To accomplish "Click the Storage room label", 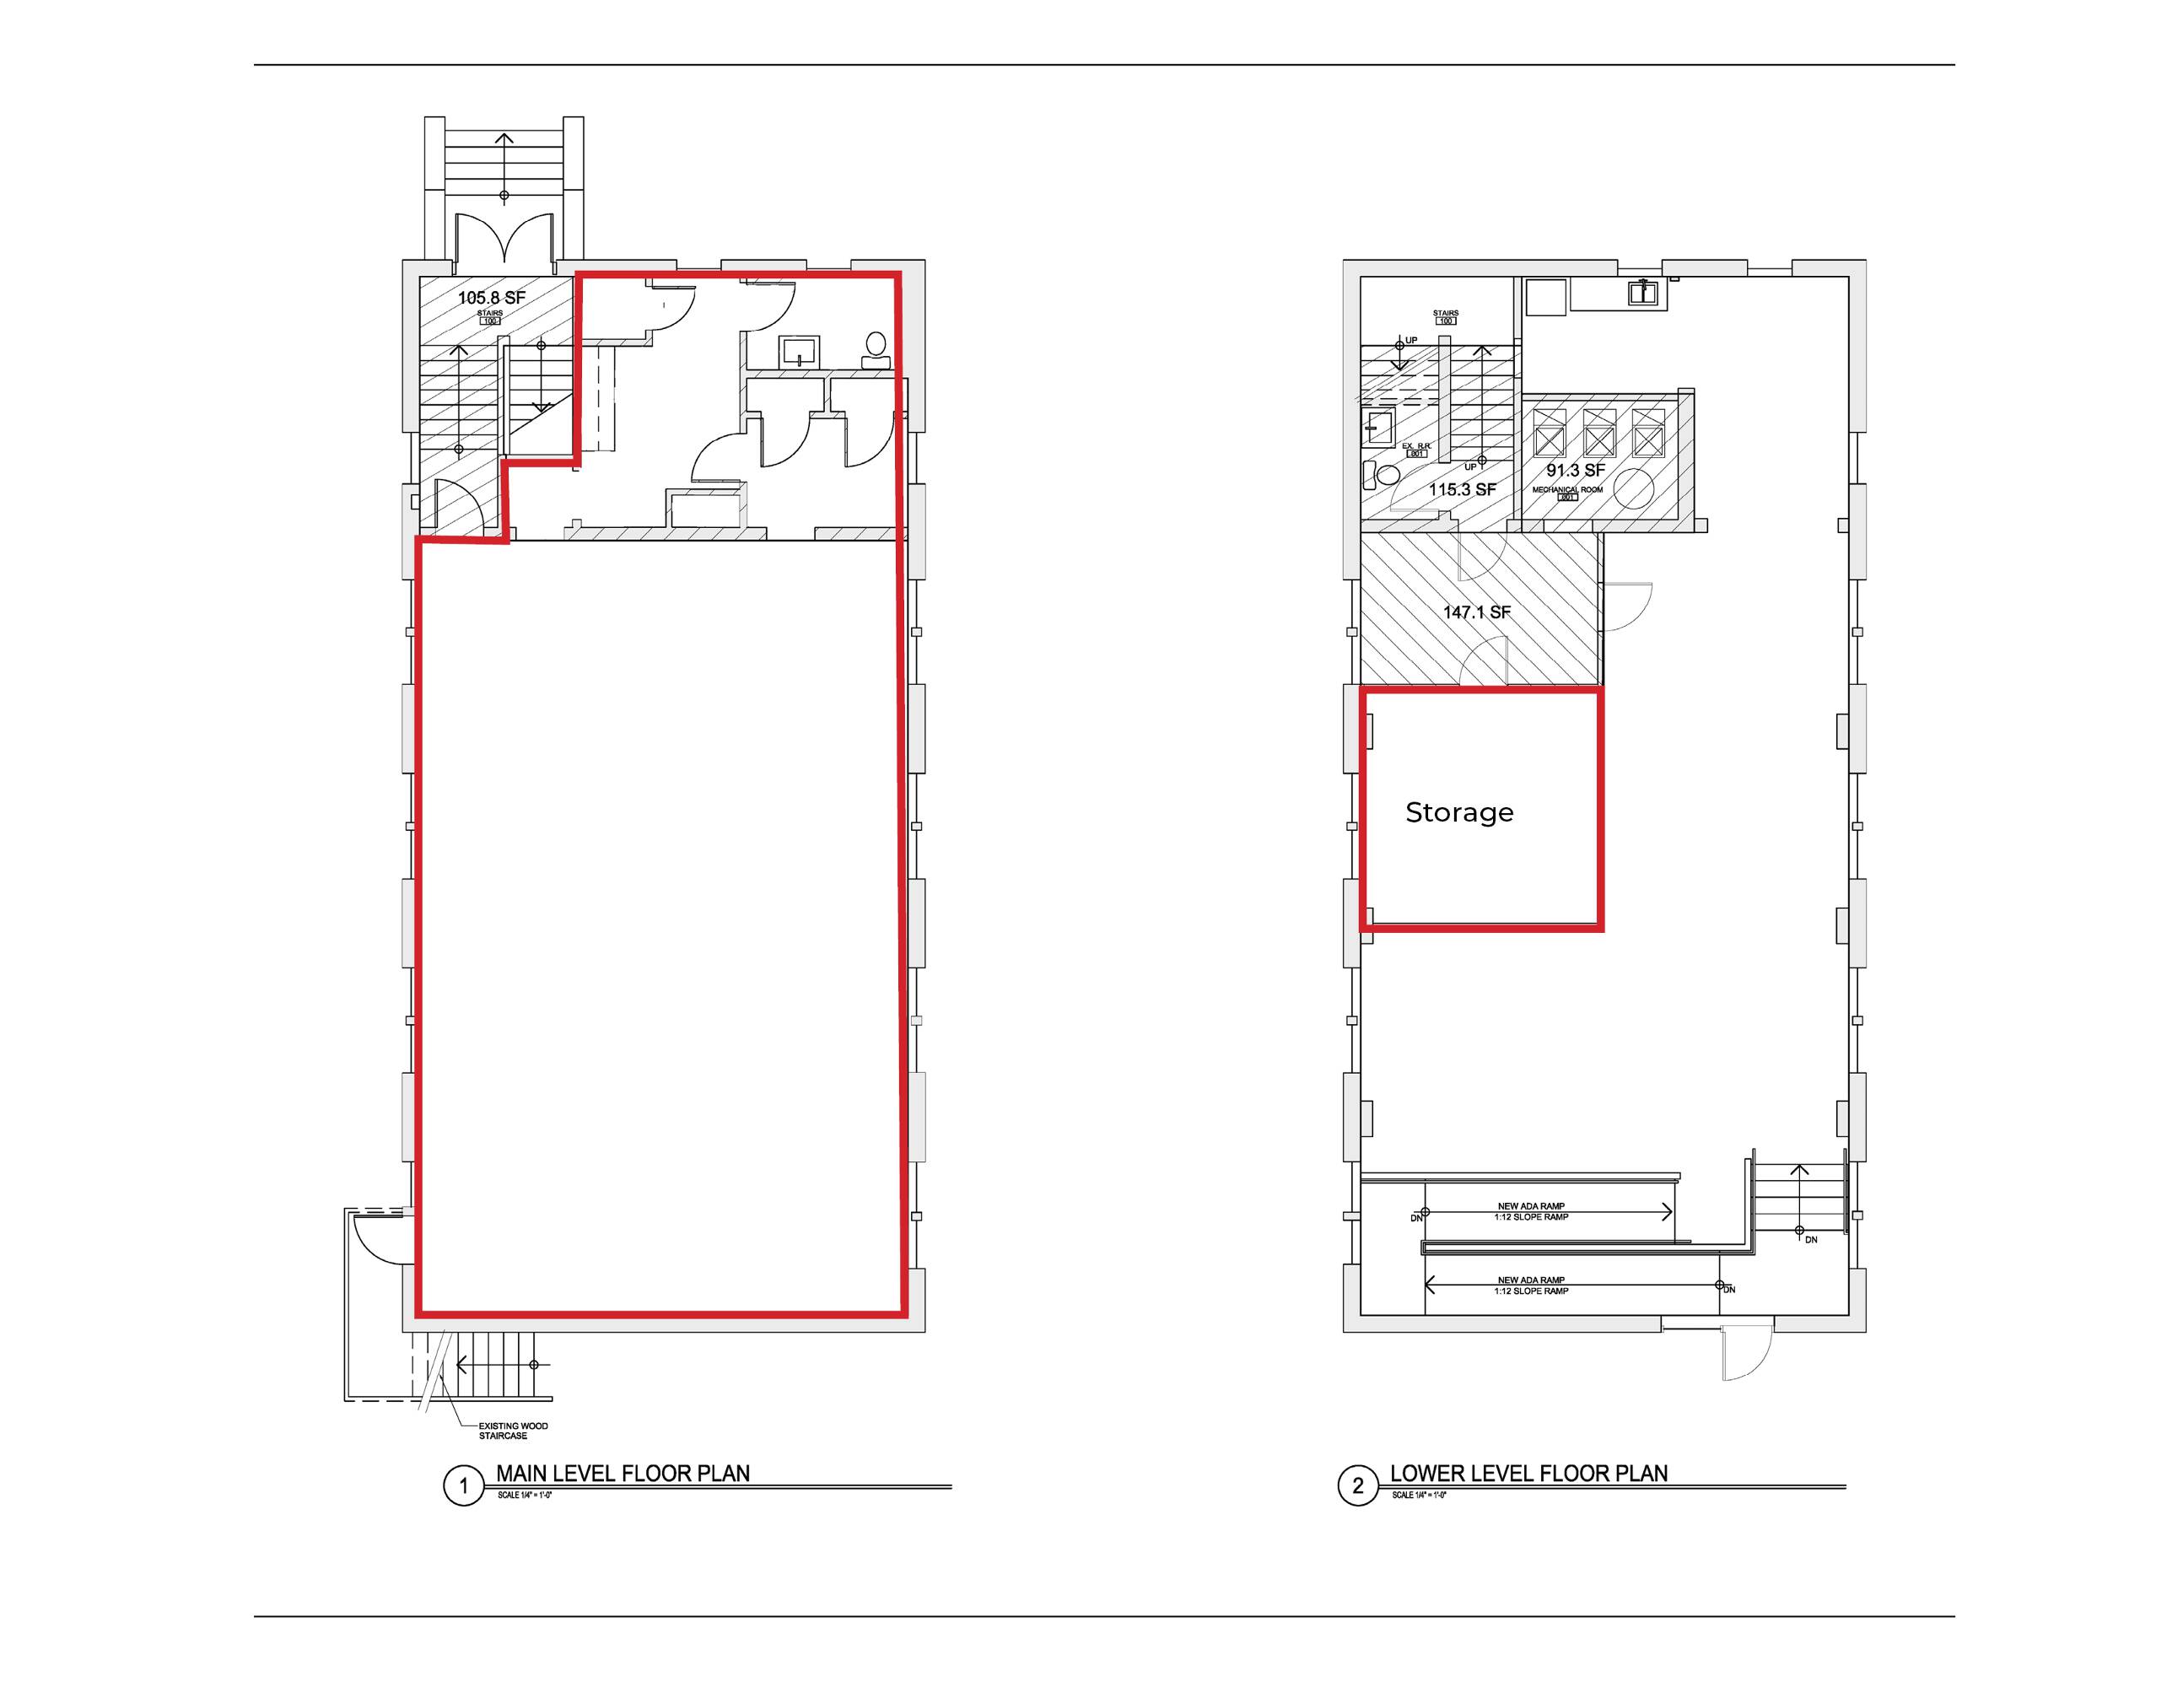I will tap(1459, 812).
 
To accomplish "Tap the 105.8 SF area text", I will tap(492, 298).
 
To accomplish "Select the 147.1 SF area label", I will tap(1476, 612).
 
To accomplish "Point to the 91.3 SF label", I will tap(1576, 471).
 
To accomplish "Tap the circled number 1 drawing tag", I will tap(463, 1486).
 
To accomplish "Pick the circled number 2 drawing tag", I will tap(1357, 1486).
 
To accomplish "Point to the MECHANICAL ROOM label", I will tap(1567, 490).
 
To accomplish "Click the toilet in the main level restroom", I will tap(876, 348).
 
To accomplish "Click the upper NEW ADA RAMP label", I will tap(1530, 1206).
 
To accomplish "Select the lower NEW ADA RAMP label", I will tap(1530, 1280).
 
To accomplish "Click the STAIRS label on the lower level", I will tap(1445, 314).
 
